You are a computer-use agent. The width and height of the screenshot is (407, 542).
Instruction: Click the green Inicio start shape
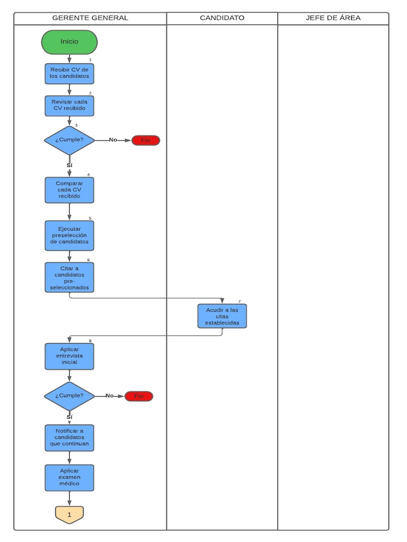click(x=69, y=42)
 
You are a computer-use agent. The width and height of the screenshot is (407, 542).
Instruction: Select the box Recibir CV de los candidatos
click(x=69, y=74)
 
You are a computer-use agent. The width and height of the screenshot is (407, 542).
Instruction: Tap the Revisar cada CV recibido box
click(x=69, y=105)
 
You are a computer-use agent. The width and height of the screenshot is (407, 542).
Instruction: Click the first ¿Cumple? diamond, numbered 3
click(x=69, y=140)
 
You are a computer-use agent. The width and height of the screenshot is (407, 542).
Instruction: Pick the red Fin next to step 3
click(x=146, y=140)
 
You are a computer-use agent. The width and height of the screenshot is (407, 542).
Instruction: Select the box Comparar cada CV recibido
click(x=69, y=190)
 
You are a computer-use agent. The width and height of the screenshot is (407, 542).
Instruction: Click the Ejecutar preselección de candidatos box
click(x=69, y=236)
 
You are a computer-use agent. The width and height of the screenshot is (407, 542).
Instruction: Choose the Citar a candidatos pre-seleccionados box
click(x=69, y=277)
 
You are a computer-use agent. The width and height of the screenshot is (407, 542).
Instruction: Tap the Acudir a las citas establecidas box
click(x=222, y=316)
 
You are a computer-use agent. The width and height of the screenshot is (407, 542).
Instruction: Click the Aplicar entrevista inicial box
click(x=69, y=356)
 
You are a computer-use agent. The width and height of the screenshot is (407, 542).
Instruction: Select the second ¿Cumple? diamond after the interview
click(x=69, y=396)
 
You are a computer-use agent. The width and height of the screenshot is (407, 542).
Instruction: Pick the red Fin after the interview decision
click(x=139, y=396)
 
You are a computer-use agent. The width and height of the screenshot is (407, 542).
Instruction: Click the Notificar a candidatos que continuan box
click(x=69, y=438)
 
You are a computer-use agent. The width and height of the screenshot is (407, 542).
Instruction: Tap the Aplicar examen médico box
click(x=69, y=477)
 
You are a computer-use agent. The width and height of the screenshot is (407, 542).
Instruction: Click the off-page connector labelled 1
click(x=69, y=514)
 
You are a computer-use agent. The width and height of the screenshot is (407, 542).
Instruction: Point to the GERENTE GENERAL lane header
click(x=90, y=18)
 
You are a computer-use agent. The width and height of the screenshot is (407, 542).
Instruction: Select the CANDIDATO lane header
click(x=222, y=18)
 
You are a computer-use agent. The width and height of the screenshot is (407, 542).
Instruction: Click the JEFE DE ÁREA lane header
click(x=333, y=18)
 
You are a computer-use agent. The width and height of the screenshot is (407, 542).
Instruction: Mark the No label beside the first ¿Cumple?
click(x=113, y=140)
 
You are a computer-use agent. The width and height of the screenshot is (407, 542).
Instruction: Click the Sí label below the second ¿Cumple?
click(x=69, y=417)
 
